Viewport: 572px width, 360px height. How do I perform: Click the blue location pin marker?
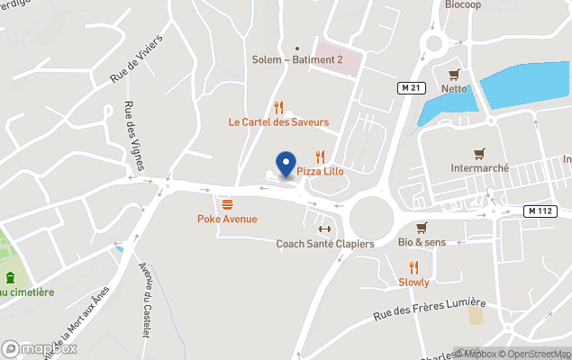tap(286, 164)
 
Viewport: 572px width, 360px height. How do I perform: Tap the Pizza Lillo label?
tap(323, 171)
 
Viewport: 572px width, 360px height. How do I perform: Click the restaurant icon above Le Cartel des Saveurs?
tap(278, 105)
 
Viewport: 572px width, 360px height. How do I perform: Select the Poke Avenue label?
tap(227, 219)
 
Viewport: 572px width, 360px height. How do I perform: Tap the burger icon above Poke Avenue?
tap(227, 204)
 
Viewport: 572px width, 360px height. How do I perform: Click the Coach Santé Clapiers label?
tap(324, 244)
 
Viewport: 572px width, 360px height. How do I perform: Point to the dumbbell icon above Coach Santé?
tap(324, 229)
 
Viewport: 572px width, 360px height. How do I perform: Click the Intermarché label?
tap(480, 168)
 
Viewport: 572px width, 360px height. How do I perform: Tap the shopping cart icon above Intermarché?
tap(480, 153)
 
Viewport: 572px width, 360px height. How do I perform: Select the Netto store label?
tap(454, 88)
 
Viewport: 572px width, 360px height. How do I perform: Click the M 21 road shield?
tap(412, 87)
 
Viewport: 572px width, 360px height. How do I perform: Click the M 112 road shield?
tap(537, 211)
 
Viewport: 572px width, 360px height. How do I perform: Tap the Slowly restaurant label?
tap(413, 282)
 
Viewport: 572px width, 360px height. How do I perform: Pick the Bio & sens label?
tap(422, 243)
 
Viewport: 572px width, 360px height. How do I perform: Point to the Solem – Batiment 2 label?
tap(297, 59)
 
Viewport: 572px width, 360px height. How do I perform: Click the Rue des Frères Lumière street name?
tap(430, 311)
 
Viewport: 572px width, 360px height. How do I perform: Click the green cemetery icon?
tap(9, 277)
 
